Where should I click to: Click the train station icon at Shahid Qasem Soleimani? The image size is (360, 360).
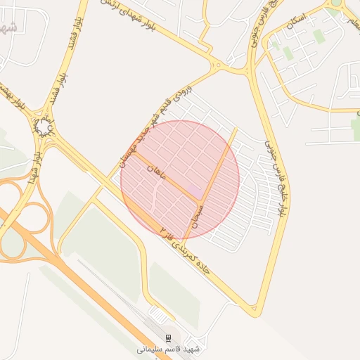coord(168,337)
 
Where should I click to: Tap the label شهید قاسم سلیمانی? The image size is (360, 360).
coord(168,348)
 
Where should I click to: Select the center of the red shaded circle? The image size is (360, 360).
coord(180,180)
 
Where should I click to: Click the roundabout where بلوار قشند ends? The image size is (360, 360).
coord(44,127)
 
